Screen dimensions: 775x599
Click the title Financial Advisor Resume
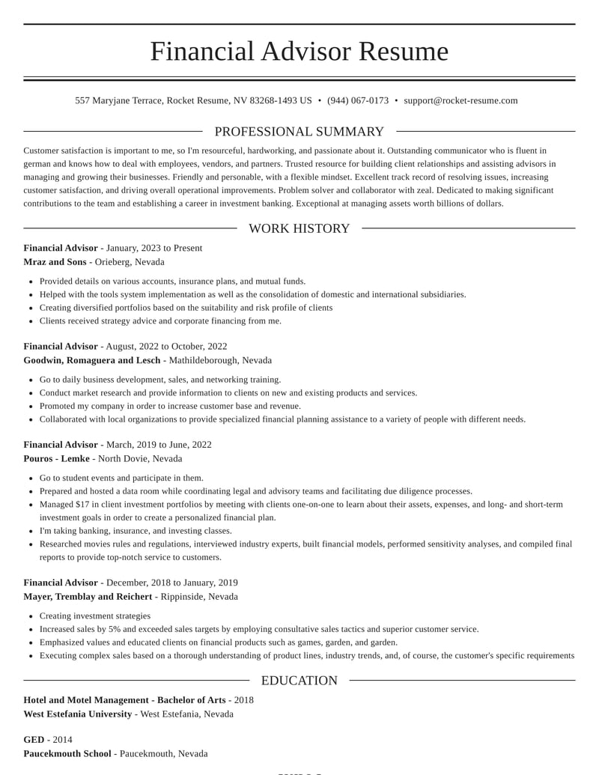click(299, 51)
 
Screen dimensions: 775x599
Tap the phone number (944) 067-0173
click(358, 100)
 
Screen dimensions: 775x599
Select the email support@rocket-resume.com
click(460, 100)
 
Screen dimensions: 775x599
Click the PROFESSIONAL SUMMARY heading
click(299, 132)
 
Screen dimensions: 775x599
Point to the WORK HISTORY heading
click(299, 228)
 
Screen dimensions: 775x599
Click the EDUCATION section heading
click(299, 681)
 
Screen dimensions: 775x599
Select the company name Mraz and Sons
click(55, 262)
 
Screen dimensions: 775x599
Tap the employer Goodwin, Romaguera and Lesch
click(91, 360)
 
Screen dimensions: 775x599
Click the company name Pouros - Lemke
click(56, 458)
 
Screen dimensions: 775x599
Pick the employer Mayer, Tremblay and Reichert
click(88, 597)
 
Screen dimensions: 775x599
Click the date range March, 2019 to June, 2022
click(159, 444)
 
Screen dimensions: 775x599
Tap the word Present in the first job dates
click(188, 248)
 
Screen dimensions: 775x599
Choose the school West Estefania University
click(77, 714)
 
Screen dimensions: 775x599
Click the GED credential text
click(34, 740)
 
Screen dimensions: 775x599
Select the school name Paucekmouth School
click(67, 753)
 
